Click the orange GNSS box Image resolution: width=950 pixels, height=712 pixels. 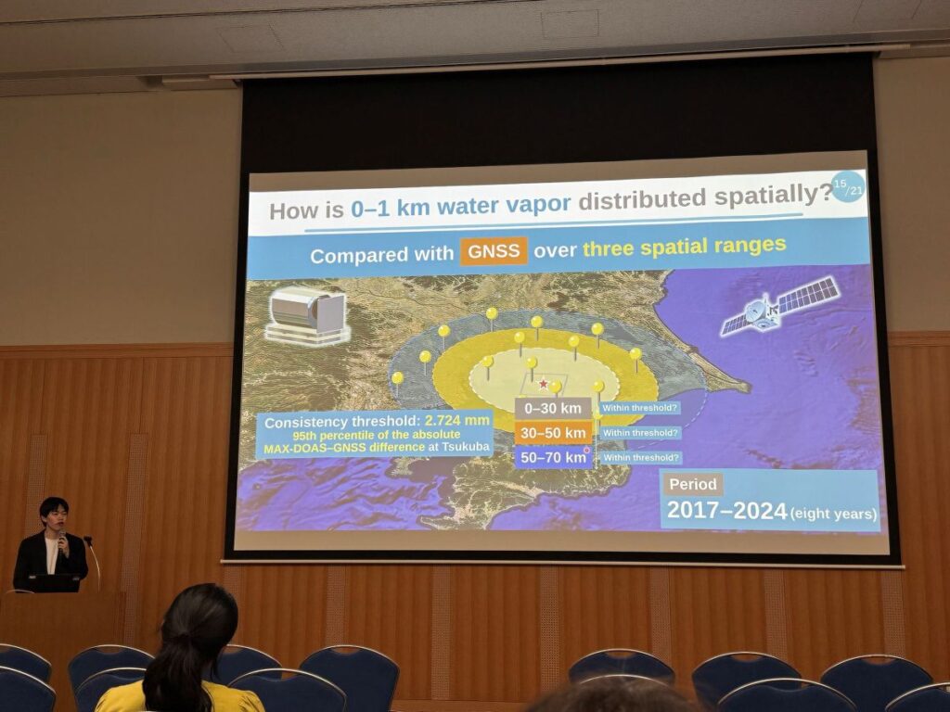tap(494, 251)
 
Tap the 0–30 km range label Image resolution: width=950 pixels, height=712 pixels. tap(553, 409)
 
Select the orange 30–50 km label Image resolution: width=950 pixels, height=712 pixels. tap(553, 433)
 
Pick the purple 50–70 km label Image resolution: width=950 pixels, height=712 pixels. tap(553, 458)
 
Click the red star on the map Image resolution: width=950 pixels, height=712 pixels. tap(544, 384)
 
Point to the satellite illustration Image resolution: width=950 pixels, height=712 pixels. tap(780, 305)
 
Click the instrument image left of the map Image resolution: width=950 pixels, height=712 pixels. tap(306, 315)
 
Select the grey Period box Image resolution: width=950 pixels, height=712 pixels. tap(693, 484)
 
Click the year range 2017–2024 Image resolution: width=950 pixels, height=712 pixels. tap(726, 511)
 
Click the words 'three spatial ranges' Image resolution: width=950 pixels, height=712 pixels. tap(685, 247)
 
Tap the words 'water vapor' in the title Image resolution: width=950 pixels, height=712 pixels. tap(504, 205)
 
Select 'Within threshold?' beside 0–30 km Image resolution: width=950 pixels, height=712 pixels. tap(639, 408)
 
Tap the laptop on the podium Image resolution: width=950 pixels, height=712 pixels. tap(53, 583)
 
